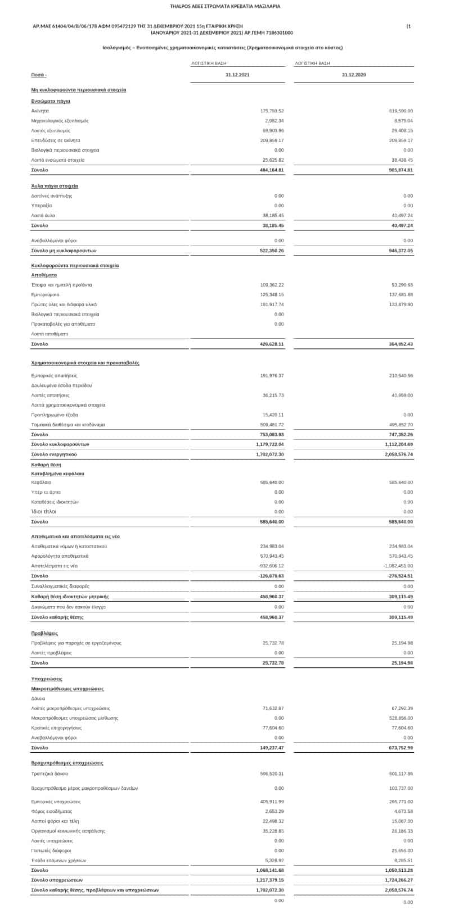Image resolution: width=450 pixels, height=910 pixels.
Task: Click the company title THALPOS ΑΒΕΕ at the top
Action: tap(225, 6)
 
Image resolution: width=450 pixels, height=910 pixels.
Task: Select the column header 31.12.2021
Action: tap(237, 75)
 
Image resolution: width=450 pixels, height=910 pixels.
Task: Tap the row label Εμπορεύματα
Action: tap(46, 294)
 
